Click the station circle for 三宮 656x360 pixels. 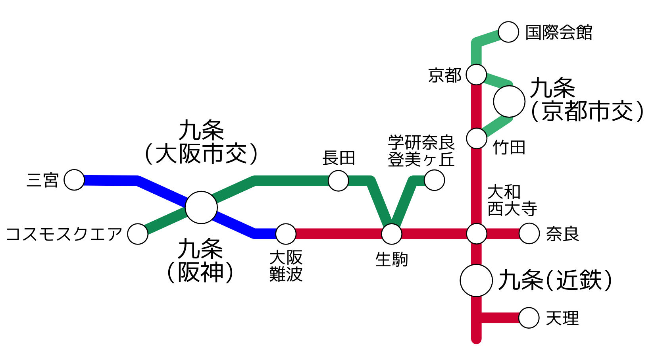pyautogui.click(x=74, y=180)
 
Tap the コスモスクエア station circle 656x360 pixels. pyautogui.click(x=138, y=234)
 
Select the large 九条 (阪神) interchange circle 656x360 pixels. pyautogui.click(x=201, y=207)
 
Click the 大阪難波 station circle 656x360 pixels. pyautogui.click(x=286, y=234)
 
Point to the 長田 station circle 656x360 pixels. pyautogui.click(x=339, y=181)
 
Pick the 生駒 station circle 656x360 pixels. pyautogui.click(x=392, y=234)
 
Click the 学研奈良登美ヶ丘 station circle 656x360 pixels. pyautogui.click(x=434, y=180)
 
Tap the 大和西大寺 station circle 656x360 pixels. pyautogui.click(x=476, y=234)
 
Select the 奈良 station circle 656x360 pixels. pyautogui.click(x=529, y=233)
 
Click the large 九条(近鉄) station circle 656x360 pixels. pyautogui.click(x=476, y=280)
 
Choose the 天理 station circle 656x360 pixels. pyautogui.click(x=529, y=318)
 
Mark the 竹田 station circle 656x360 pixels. pyautogui.click(x=476, y=138)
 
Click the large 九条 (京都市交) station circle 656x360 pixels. pyautogui.click(x=509, y=101)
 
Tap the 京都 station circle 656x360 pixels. pyautogui.click(x=476, y=74)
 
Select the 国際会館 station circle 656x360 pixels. pyautogui.click(x=508, y=32)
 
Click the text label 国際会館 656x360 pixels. pyautogui.click(x=558, y=33)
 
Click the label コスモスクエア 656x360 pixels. pyautogui.click(x=63, y=234)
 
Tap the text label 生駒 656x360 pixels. pyautogui.click(x=392, y=260)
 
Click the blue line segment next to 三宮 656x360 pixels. pyautogui.click(x=111, y=181)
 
